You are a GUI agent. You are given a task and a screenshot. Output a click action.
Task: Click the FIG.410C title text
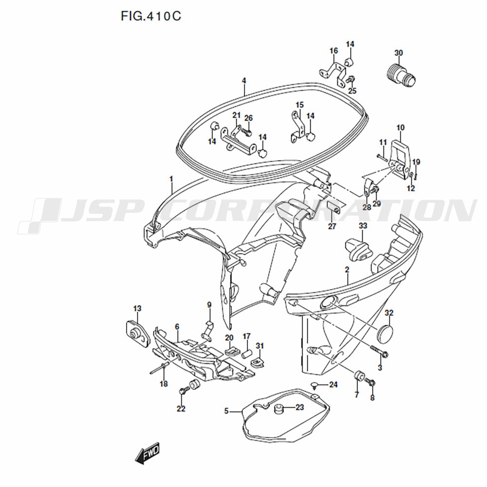[x=150, y=16]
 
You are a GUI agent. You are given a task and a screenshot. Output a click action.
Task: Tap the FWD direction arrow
[x=147, y=453]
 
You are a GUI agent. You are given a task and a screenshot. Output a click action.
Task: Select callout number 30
[x=398, y=53]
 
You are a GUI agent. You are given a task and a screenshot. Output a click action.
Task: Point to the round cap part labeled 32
[x=385, y=334]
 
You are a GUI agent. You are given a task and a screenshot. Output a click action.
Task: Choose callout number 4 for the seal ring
[x=244, y=81]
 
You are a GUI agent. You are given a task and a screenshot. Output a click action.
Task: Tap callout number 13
[x=137, y=308]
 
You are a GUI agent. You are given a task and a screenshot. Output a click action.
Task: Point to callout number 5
[x=226, y=411]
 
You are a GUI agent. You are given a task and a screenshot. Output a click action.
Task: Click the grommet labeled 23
[x=278, y=409]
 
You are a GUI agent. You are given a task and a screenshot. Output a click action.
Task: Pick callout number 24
[x=333, y=385]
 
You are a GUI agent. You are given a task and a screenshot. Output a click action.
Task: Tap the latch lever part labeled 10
[x=400, y=160]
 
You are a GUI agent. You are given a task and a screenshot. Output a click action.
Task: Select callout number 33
[x=363, y=226]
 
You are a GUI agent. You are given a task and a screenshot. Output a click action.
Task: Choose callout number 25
[x=352, y=91]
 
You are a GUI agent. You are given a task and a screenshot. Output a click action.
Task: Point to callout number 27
[x=332, y=226]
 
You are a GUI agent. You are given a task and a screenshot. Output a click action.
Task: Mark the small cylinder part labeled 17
[x=246, y=354]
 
